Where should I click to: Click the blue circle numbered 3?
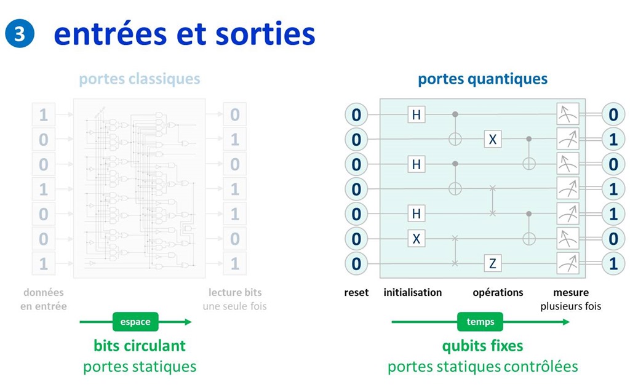coord(20,34)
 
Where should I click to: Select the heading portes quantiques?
coord(482,79)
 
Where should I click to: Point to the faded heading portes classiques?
coord(140,79)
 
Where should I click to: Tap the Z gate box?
coord(492,263)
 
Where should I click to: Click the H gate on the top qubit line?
coord(417,114)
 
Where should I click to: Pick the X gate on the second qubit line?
coord(492,140)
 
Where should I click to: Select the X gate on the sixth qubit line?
coord(417,238)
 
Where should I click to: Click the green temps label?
coord(480,322)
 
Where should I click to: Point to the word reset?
coord(356,293)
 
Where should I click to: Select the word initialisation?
coord(412,293)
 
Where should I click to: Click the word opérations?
coord(498,293)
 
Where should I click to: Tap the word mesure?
coord(570,293)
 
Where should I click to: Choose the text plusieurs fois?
coord(570,306)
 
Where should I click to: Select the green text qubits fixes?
coord(482,346)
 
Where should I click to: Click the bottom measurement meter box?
coord(567,263)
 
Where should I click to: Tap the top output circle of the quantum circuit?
coord(613,114)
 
